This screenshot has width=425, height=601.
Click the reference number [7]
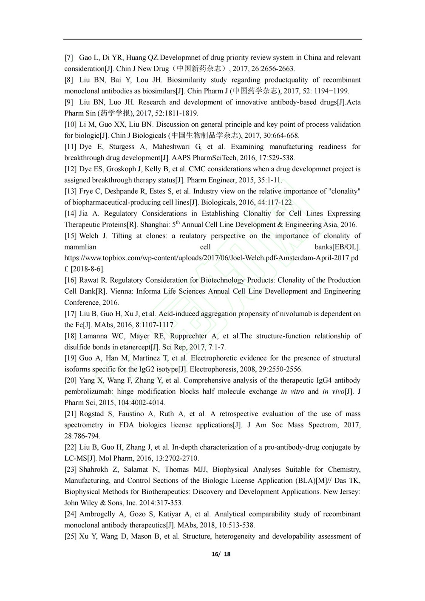[69, 57]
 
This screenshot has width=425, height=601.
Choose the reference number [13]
[71, 191]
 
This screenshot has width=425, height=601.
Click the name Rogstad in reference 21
[93, 414]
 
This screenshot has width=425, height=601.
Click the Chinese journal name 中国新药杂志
[199, 68]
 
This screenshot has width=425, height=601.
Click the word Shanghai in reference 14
[146, 224]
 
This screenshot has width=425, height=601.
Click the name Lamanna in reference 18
[93, 336]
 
